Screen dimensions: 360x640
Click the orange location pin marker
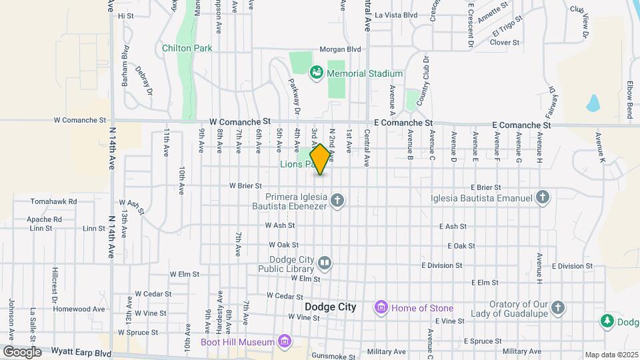(x=320, y=159)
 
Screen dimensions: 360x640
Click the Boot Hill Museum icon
(x=285, y=342)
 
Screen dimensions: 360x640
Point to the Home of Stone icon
(x=381, y=307)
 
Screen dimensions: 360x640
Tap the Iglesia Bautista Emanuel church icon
(x=543, y=197)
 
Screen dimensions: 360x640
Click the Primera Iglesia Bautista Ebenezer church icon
(x=337, y=200)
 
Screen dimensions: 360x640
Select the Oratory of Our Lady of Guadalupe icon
(x=559, y=307)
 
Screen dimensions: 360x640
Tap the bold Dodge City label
(x=330, y=307)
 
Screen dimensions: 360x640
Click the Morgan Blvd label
(x=340, y=49)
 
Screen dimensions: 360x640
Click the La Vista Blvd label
(x=396, y=15)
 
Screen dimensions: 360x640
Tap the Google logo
(x=21, y=351)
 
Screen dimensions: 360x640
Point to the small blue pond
(x=592, y=103)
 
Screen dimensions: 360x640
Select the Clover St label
(x=505, y=43)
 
